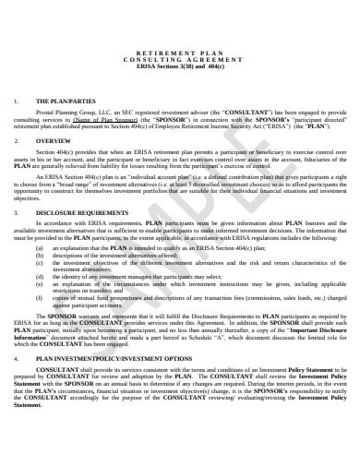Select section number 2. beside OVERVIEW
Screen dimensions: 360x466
[18, 141]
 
